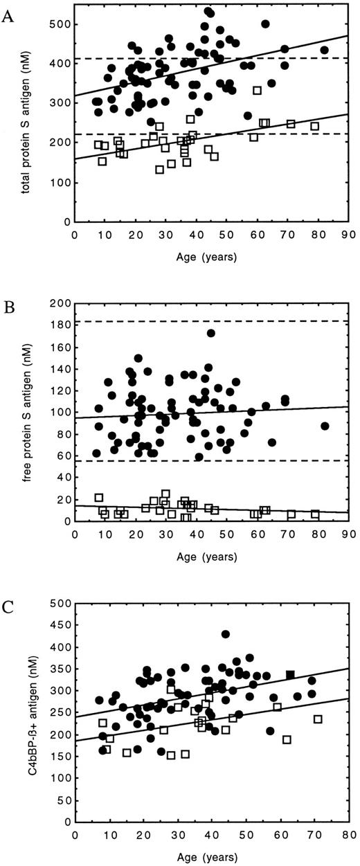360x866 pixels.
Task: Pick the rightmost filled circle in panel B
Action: pos(325,426)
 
